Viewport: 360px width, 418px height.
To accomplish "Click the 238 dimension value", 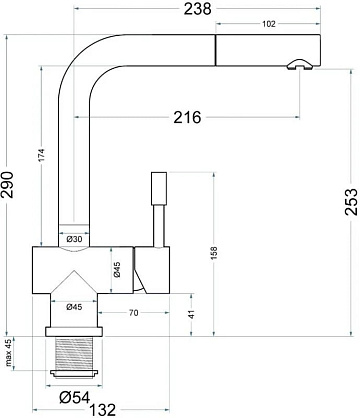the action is click(x=197, y=9).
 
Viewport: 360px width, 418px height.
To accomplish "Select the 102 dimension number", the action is click(x=269, y=24).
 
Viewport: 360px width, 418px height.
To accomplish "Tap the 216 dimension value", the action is click(x=187, y=117).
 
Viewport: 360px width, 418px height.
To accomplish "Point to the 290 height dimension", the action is click(x=7, y=185).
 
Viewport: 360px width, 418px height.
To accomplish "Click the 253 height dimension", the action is click(x=352, y=202).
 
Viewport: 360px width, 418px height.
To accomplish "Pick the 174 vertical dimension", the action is click(x=41, y=155).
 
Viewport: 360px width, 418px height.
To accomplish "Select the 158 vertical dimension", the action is click(x=214, y=253).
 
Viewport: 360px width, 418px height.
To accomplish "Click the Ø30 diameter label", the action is click(x=74, y=239).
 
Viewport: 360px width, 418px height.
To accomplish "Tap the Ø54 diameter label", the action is click(x=75, y=397).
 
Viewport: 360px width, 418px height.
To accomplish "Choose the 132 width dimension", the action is click(x=102, y=410).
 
